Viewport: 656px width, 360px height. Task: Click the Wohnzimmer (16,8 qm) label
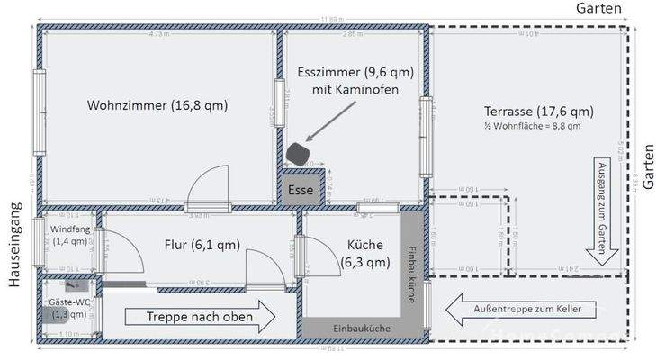coord(157,105)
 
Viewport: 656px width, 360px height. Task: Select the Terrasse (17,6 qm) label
coord(538,112)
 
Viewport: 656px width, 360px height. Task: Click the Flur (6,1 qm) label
coord(202,244)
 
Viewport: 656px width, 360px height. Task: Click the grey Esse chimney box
coord(301,190)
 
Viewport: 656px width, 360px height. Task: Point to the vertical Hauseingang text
coord(13,244)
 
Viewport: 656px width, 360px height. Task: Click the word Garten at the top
coord(598,8)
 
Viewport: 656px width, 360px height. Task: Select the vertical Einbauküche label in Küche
coord(411,274)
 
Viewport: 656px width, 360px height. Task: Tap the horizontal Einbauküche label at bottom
coord(362,329)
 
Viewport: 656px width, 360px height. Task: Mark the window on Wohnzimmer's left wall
coord(39,101)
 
